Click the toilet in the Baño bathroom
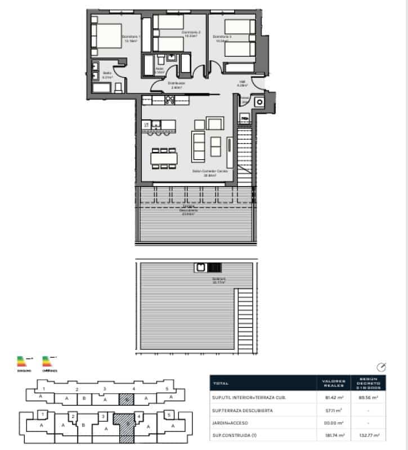[x=118, y=87]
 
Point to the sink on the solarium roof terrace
[x=200, y=267]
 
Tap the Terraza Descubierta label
[x=189, y=211]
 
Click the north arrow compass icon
[x=382, y=367]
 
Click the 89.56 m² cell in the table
[x=369, y=398]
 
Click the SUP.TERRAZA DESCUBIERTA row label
[x=243, y=411]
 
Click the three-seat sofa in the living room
[x=199, y=145]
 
